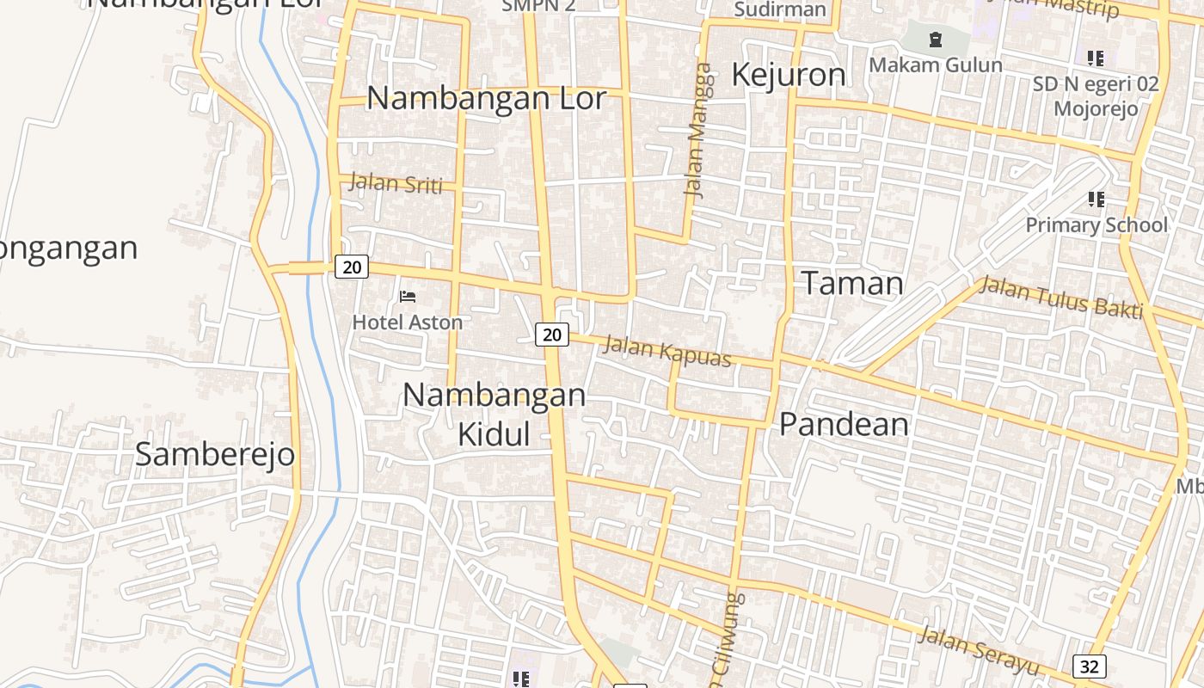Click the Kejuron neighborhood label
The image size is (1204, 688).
click(x=788, y=76)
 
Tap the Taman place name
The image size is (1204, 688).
click(x=852, y=284)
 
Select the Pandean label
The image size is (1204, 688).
click(x=844, y=425)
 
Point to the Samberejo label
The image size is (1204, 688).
click(x=215, y=455)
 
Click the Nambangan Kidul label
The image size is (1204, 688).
click(x=494, y=414)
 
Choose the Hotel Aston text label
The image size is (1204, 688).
click(x=408, y=322)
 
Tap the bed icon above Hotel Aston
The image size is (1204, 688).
click(x=408, y=297)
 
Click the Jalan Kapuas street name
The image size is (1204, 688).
click(x=667, y=351)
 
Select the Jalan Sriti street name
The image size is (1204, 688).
click(x=396, y=183)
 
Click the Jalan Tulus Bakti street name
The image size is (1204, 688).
click(x=1062, y=298)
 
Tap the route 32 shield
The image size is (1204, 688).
click(x=1089, y=666)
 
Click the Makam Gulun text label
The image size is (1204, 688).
click(x=936, y=65)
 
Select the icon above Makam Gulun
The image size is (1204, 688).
click(x=936, y=40)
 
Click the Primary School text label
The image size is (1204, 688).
click(x=1096, y=225)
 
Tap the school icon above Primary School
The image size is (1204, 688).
click(x=1096, y=200)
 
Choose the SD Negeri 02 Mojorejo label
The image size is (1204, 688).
click(x=1096, y=96)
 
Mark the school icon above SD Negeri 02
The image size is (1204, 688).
click(x=1095, y=58)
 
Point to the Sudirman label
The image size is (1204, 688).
click(x=780, y=10)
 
